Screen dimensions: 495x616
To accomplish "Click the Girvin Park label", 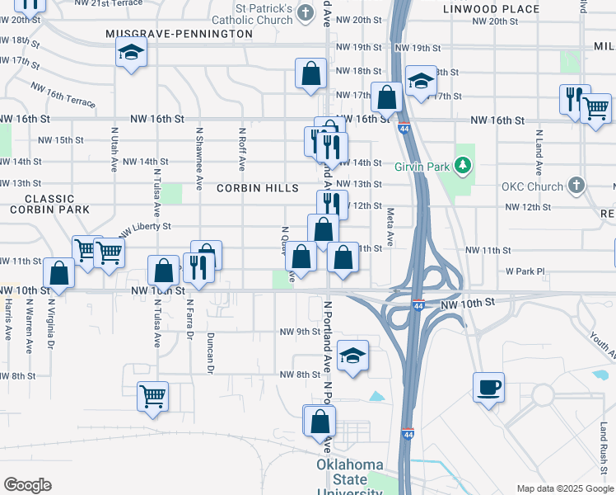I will (x=427, y=167).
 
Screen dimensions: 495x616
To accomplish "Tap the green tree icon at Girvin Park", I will (x=464, y=166).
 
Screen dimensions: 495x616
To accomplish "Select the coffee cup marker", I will (x=489, y=387).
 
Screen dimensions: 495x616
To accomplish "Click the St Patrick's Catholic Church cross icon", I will (x=306, y=12).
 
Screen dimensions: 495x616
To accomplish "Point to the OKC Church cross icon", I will (x=576, y=186).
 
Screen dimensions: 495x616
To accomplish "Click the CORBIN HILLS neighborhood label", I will (x=258, y=188).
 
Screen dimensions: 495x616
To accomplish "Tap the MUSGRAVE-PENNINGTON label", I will (x=179, y=34).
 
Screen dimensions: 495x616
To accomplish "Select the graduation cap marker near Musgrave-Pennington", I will (x=130, y=54).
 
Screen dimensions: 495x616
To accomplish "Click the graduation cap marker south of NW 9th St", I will (x=353, y=356).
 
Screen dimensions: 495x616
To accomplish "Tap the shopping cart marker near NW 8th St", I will (x=152, y=397).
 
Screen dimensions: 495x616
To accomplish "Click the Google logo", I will (x=27, y=485).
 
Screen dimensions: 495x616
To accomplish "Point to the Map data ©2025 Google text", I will (x=564, y=488).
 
